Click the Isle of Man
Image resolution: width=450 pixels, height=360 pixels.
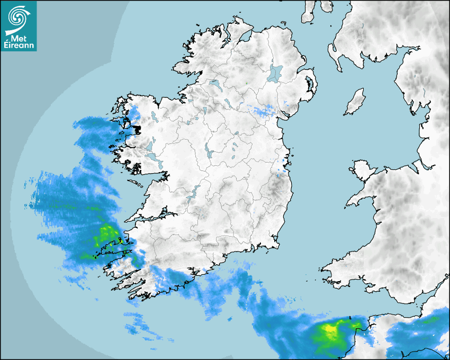[x=355, y=102]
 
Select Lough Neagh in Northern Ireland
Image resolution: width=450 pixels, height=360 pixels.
[x=276, y=73]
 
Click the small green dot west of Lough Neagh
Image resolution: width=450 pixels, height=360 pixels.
[x=247, y=83]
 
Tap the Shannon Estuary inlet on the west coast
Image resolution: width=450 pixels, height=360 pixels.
[x=154, y=214]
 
